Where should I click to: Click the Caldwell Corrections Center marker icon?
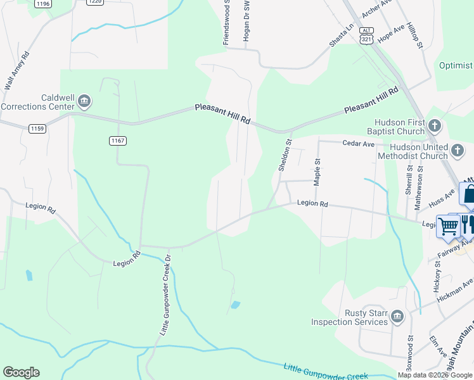84,101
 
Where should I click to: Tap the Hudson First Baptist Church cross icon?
435,125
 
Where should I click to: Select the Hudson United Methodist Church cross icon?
458,150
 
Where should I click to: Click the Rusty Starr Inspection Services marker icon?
397,316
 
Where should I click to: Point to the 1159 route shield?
37,129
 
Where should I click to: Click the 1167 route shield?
117,140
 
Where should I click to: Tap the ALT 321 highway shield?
366,34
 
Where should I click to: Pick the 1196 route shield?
43,4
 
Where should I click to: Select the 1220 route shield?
94,2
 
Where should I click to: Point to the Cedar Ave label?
359,144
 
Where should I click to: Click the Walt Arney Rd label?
16,72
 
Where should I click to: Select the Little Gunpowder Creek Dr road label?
165,295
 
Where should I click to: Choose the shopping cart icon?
449,226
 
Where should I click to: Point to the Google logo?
21,372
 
